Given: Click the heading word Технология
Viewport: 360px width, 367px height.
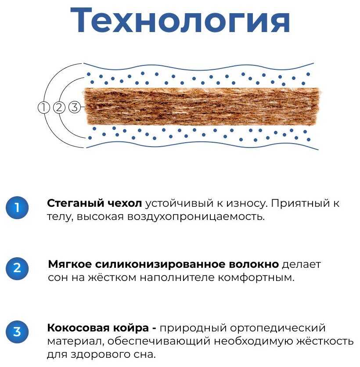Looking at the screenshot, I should [180, 20].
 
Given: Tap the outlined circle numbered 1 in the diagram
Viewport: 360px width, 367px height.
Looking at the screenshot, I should [44, 107].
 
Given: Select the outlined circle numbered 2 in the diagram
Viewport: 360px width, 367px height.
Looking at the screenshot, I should [59, 107].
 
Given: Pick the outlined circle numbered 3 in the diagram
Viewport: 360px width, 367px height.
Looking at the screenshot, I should [75, 107].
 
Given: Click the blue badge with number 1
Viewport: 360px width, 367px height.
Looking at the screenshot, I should [17, 208].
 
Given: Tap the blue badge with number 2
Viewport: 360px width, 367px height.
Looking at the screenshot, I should [17, 268].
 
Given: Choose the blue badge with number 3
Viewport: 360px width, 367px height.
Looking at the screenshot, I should [17, 331].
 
